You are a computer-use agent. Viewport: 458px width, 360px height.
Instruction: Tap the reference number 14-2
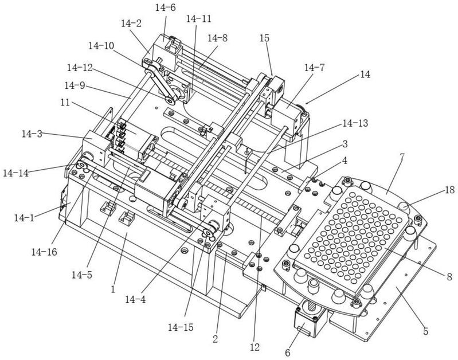(x=131, y=24)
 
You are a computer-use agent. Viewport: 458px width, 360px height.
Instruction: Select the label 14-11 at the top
(x=199, y=19)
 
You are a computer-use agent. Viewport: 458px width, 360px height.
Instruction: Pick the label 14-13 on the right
(x=355, y=123)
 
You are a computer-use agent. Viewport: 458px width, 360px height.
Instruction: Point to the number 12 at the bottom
(x=254, y=346)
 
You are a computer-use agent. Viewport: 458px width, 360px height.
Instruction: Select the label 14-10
(x=101, y=45)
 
